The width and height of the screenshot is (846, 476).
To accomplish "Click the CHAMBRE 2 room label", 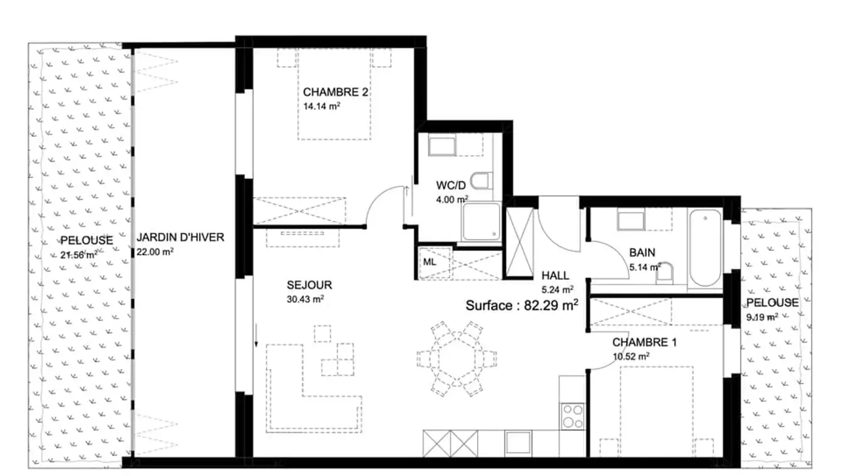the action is (x=335, y=92).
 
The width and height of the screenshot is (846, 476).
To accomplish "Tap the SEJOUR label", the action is (x=309, y=285).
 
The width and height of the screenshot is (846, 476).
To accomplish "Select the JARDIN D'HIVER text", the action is (x=180, y=237).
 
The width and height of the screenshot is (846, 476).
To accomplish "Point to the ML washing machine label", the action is (x=429, y=262).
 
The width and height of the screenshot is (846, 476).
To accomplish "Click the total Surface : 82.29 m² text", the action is (x=522, y=305).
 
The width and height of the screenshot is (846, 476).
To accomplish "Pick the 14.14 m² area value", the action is (x=321, y=106).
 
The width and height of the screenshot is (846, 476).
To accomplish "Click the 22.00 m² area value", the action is (x=155, y=252).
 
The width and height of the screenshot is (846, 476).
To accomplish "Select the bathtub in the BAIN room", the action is (x=705, y=248).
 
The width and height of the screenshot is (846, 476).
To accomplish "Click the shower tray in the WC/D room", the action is (x=482, y=222).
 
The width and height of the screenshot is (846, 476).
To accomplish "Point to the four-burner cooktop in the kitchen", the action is (x=573, y=416).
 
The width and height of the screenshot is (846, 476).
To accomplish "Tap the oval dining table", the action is (x=457, y=358).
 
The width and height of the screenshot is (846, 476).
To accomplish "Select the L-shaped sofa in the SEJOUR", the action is (x=314, y=388).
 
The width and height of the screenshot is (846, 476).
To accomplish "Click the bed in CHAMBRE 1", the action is (x=657, y=411).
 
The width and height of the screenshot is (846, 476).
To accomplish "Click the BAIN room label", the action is (x=642, y=252).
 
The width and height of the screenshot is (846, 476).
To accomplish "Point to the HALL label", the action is (x=555, y=276).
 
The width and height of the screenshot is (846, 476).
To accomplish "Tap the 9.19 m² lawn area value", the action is (x=762, y=317).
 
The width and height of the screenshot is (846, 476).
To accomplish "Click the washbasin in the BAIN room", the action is (x=631, y=220).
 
